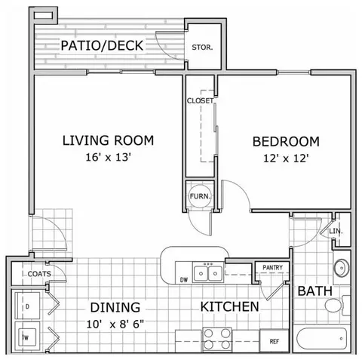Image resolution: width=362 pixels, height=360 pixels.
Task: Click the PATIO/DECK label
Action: coord(102,45)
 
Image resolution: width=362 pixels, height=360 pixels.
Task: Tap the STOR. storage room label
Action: coord(202,48)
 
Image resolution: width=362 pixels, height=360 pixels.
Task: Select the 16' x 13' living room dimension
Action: coord(109,158)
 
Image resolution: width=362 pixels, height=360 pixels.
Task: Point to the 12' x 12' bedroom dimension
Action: coord(286,158)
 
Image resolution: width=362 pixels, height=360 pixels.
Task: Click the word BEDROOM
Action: coord(286,142)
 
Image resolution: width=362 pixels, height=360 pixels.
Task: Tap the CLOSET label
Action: coord(200,100)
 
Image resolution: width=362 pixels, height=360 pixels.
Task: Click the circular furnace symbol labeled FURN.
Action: coord(200,196)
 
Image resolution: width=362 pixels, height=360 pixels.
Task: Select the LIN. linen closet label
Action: coord(336,231)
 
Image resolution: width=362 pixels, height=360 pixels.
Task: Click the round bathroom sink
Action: coord(342,268)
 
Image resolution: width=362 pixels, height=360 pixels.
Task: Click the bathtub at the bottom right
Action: coord(322,339)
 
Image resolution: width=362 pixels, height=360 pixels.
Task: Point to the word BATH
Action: coord(314,291)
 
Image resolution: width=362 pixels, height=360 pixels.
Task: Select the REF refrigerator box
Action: coord(274,341)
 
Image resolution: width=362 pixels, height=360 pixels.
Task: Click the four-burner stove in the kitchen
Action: coord(217,340)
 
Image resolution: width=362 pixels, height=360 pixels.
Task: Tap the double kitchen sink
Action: coord(208,272)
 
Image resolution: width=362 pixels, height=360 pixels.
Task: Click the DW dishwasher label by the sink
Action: coord(184,279)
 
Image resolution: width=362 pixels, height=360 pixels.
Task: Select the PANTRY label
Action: coord(272,267)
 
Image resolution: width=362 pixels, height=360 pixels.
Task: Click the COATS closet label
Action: coord(39,274)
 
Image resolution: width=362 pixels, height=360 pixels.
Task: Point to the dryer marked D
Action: coord(28,306)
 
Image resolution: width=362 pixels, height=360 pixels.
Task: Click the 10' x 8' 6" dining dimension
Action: coord(115,325)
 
